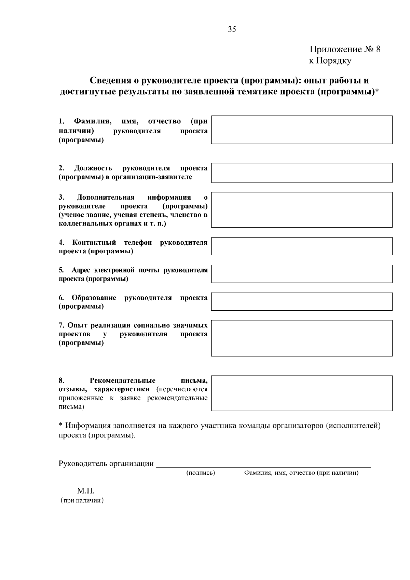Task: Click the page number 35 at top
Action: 232,29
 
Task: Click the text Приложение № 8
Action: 345,49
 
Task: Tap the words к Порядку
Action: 330,61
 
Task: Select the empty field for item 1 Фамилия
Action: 301,130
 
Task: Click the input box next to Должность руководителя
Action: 301,173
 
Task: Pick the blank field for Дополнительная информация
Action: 301,210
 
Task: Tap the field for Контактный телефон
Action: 301,246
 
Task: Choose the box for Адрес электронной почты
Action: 301,274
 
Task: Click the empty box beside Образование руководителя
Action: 301,301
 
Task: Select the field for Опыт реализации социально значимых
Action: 301,338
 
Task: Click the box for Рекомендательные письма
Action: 301,393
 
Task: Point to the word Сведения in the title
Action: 110,81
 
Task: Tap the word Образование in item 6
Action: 94,298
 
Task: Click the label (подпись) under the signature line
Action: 200,473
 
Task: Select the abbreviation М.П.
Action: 85,491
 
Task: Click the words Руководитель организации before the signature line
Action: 106,463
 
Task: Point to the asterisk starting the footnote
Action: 61,425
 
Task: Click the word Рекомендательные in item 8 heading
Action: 122,380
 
